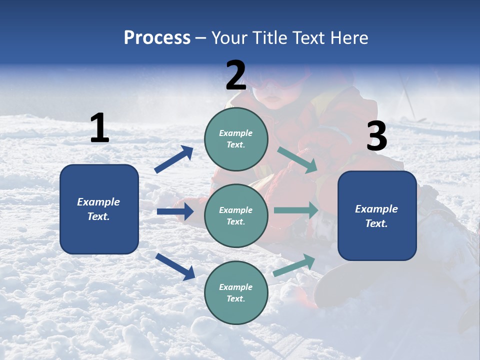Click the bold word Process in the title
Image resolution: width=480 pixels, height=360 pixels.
pyautogui.click(x=157, y=38)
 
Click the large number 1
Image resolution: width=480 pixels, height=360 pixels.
pyautogui.click(x=99, y=128)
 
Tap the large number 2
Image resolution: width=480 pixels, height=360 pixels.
pyautogui.click(x=236, y=75)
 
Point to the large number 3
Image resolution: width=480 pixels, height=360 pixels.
pyautogui.click(x=376, y=136)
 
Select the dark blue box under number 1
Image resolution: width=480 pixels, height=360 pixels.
pyautogui.click(x=99, y=209)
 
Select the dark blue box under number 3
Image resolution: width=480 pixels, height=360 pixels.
pyautogui.click(x=377, y=215)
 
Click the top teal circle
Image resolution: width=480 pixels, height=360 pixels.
pyautogui.click(x=236, y=139)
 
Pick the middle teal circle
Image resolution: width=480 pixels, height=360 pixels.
pyautogui.click(x=236, y=215)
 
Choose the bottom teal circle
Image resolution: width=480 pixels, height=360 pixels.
pyautogui.click(x=236, y=292)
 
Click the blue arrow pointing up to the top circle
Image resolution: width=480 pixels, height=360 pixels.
pyautogui.click(x=174, y=159)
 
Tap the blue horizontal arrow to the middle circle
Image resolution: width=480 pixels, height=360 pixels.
pyautogui.click(x=175, y=211)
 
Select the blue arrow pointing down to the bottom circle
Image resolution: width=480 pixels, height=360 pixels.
pyautogui.click(x=175, y=266)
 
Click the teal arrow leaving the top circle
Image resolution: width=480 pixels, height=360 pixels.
pyautogui.click(x=297, y=160)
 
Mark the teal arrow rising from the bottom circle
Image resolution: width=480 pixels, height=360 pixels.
pyautogui.click(x=294, y=265)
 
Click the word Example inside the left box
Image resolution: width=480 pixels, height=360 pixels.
pyautogui.click(x=98, y=202)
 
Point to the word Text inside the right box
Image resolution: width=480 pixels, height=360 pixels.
pyautogui.click(x=376, y=223)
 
